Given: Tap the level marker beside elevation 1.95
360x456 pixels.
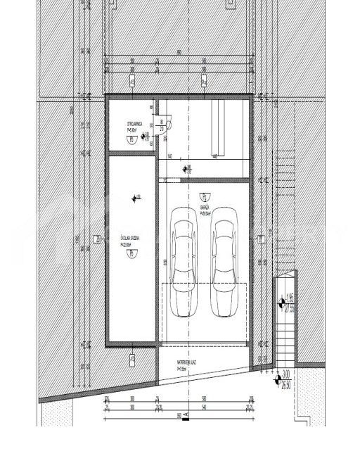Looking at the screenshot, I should click(281, 303).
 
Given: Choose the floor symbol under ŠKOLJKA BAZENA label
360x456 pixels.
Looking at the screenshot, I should click(129, 256).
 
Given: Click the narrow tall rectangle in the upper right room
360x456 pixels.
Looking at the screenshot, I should click(217, 127).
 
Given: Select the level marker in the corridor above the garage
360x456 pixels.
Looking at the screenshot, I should click(186, 169).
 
